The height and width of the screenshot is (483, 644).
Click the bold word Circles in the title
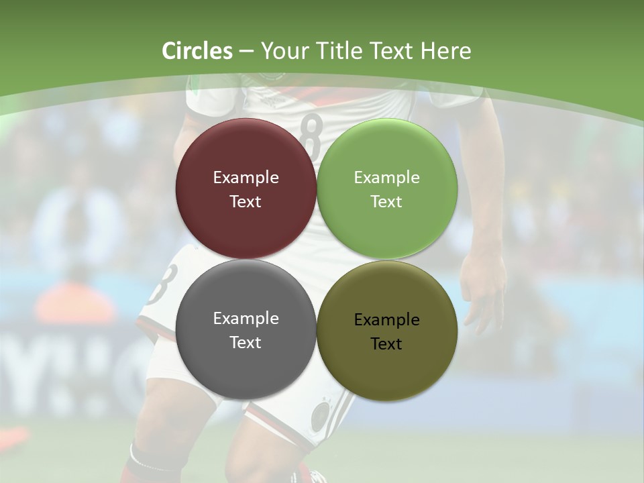pyautogui.click(x=197, y=51)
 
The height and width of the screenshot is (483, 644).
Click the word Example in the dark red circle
pyautogui.click(x=246, y=178)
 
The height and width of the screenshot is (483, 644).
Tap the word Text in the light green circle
pyautogui.click(x=386, y=202)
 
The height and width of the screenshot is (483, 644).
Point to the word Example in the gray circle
pyautogui.click(x=246, y=319)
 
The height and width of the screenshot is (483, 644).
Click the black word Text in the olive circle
pyautogui.click(x=386, y=344)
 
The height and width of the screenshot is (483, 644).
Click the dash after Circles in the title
pyautogui.click(x=246, y=52)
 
